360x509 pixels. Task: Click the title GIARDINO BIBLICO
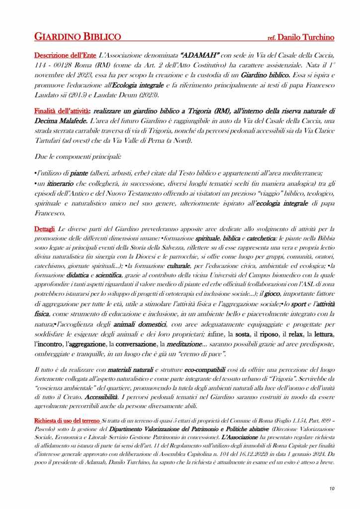[x=78, y=37]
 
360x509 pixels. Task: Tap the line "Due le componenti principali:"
[x=71, y=156]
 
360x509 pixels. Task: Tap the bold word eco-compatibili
[x=204, y=370]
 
